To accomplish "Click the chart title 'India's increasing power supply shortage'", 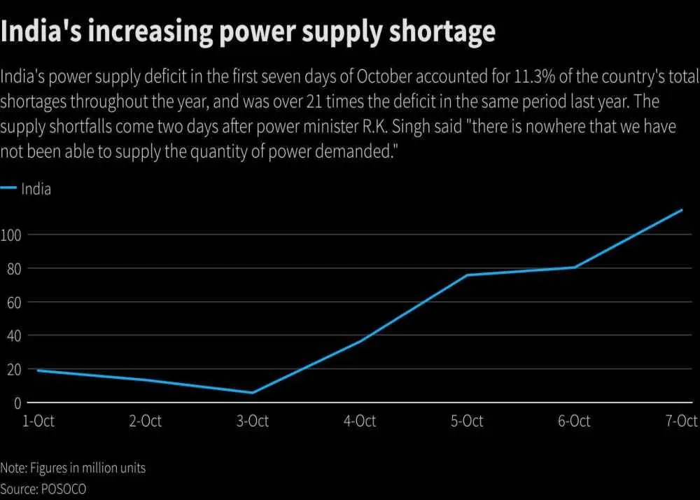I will (x=248, y=32).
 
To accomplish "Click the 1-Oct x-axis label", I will (x=38, y=421).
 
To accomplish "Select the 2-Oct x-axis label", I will (x=145, y=421).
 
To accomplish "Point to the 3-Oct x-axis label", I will (x=252, y=421).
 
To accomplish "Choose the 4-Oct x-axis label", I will (x=360, y=421).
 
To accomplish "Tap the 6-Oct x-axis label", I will (x=574, y=421).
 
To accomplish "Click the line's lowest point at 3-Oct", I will (x=252, y=393).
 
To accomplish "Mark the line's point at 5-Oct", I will (x=467, y=275).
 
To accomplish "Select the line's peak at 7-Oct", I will (x=682, y=209).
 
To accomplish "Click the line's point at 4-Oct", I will (x=360, y=341).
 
